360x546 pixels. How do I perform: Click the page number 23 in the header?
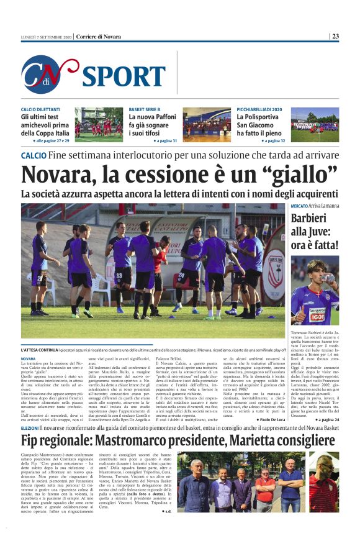point(335,36)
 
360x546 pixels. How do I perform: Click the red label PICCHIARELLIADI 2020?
point(259,109)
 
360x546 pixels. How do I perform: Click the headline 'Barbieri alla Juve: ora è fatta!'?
point(315,232)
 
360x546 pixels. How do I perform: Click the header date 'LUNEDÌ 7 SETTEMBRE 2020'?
point(47,37)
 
